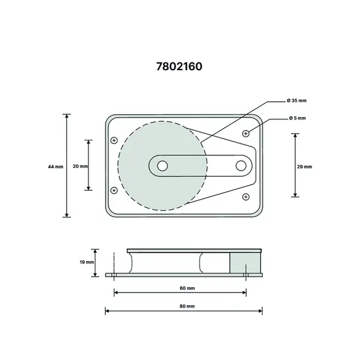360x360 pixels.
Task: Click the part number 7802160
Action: (179, 65)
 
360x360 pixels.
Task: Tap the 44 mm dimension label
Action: (56, 166)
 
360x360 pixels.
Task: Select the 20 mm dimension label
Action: (80, 166)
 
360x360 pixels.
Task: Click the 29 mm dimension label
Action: (304, 166)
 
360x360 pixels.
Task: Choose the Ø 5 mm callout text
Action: (297, 118)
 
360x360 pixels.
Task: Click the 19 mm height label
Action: (87, 261)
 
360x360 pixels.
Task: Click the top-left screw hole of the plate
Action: (114, 140)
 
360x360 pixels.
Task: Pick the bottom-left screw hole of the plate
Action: (114, 190)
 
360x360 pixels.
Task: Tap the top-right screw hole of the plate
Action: (246, 133)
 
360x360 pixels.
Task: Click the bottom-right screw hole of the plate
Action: (246, 197)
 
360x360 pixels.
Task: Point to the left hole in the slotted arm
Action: (162, 165)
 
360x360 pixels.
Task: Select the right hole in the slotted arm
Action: (241, 165)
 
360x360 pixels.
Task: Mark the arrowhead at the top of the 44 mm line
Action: (67, 116)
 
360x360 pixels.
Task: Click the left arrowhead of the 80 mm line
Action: (107, 310)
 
